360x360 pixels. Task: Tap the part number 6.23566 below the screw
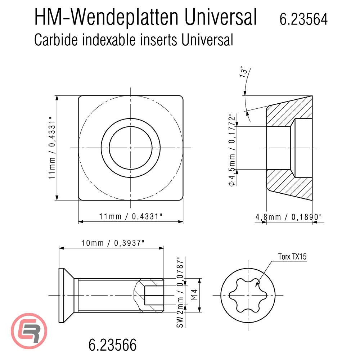(x=112, y=345)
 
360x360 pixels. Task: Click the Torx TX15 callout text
(x=292, y=257)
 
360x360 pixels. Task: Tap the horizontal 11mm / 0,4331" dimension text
(x=130, y=216)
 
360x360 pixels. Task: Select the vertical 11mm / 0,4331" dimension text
(x=53, y=148)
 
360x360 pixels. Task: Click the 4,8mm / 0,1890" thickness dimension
(x=288, y=217)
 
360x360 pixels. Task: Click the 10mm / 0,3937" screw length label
(x=112, y=242)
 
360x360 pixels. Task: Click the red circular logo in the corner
(x=30, y=330)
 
